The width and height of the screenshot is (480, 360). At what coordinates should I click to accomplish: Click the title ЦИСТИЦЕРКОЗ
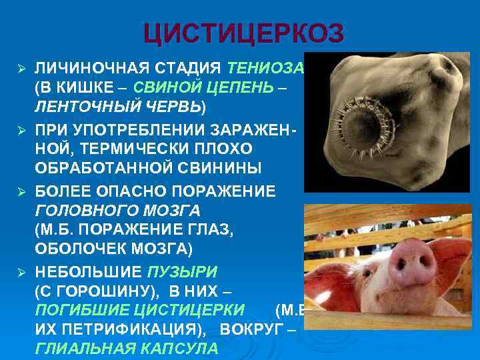pyautogui.click(x=243, y=33)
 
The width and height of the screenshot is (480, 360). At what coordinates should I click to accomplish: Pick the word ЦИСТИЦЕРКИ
pyautogui.click(x=193, y=310)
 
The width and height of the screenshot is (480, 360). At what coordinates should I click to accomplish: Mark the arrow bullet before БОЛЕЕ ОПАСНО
pyautogui.click(x=21, y=192)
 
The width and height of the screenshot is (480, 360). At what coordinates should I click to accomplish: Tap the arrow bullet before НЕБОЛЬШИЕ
pyautogui.click(x=21, y=272)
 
